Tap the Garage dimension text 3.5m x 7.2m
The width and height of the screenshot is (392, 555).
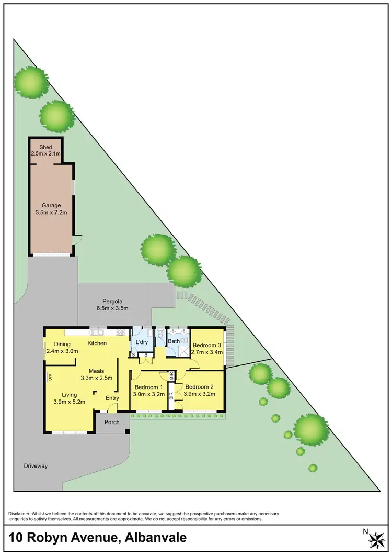coord(51,213)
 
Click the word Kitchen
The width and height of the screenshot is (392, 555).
coord(97,343)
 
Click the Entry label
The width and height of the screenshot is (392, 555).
coord(112,398)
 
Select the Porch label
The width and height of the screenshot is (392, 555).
coord(112,422)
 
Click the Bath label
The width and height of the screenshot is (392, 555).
coord(174,342)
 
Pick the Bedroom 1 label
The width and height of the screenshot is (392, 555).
coord(148,387)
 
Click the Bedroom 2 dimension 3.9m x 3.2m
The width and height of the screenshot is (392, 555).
coord(201,394)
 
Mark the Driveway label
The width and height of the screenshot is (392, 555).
coord(36,465)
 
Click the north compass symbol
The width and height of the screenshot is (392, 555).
coord(376,538)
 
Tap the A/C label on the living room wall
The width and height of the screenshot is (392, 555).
coord(50,376)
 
